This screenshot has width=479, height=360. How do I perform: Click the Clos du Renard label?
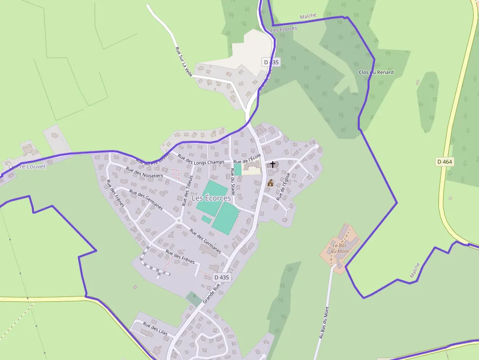[x=376, y=72]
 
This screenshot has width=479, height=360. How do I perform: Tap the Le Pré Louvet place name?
[x=26, y=166]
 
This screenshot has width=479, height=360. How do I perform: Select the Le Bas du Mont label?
[x=340, y=248]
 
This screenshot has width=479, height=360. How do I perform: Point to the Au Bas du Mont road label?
[x=324, y=322]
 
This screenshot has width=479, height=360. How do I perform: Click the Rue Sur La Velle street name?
[x=184, y=61]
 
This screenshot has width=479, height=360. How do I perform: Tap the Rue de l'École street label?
[x=247, y=158]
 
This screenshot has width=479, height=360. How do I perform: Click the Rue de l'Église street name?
[x=283, y=186]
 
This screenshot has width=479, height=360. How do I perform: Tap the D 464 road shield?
[x=444, y=161]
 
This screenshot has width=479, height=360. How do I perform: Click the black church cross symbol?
[x=273, y=165]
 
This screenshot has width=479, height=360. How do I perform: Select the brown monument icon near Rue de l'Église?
[x=270, y=183]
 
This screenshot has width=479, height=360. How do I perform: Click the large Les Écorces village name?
[x=211, y=198]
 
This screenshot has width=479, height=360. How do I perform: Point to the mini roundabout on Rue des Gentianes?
[x=179, y=221]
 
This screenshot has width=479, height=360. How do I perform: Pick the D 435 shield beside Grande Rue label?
[x=221, y=277]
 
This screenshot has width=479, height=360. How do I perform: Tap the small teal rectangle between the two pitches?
[x=206, y=219]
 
